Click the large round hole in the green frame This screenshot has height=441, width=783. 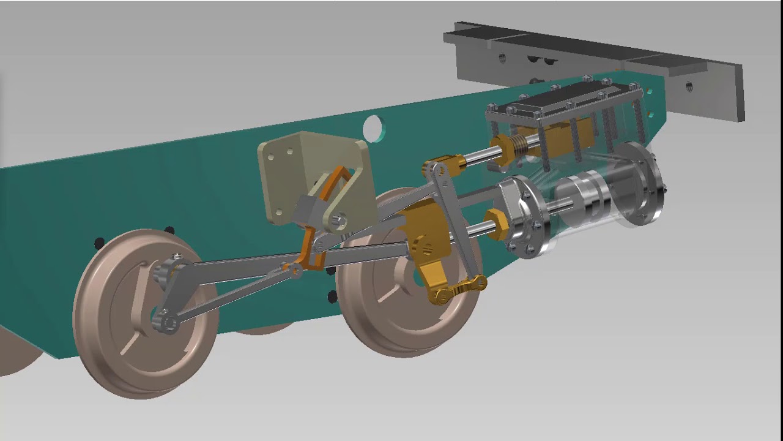coord(373,129)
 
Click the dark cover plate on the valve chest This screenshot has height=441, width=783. coord(563,101)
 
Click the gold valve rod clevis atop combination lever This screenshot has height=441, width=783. coord(443,165)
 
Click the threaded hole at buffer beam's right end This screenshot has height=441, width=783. coord(689,86)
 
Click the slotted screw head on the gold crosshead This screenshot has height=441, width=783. coord(427,248)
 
